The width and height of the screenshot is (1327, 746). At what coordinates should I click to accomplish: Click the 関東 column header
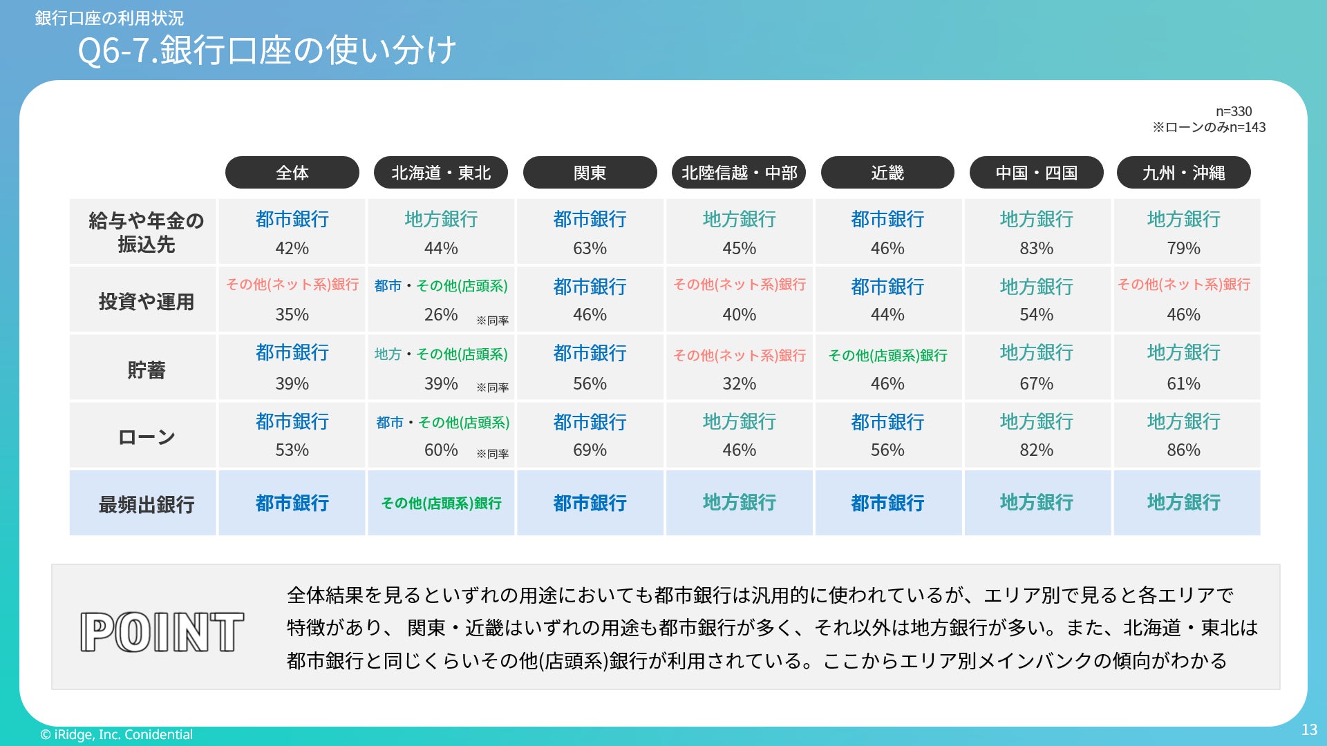[x=590, y=173]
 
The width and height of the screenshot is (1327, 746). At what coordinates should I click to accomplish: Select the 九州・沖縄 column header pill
[x=1183, y=173]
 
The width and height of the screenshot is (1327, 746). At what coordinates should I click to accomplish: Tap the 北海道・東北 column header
[x=441, y=173]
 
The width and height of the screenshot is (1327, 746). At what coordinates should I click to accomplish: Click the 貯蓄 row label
[x=146, y=370]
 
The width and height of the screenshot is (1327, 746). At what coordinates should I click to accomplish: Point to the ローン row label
[x=146, y=437]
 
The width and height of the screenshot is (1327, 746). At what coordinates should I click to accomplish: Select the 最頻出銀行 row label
[x=146, y=504]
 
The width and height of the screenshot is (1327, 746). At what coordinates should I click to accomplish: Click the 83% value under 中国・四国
[x=1036, y=248]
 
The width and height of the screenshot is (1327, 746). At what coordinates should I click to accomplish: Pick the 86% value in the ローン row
[x=1183, y=450]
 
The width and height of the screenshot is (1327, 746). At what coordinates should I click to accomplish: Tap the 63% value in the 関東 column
[x=590, y=248]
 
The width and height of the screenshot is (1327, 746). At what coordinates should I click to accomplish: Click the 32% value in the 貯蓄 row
[x=739, y=383]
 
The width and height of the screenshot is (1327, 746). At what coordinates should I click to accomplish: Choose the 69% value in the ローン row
[x=590, y=450]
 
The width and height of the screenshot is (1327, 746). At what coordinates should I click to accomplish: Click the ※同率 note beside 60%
[x=492, y=454]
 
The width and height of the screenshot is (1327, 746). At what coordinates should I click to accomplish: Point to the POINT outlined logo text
[x=162, y=632]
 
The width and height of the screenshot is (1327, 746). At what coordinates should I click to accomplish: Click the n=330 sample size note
[x=1234, y=111]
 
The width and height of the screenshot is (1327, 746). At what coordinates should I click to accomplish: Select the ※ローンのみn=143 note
[x=1209, y=127]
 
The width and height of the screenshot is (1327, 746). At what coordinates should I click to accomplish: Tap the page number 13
[x=1309, y=729]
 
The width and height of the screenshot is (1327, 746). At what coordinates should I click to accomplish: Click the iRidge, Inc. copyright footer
[x=116, y=734]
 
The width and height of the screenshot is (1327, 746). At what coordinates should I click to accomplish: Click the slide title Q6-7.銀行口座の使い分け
[x=267, y=50]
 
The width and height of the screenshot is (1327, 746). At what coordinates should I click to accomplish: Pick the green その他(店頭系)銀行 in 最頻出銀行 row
[x=441, y=504]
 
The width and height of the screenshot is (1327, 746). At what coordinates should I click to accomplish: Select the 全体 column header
[x=292, y=173]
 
